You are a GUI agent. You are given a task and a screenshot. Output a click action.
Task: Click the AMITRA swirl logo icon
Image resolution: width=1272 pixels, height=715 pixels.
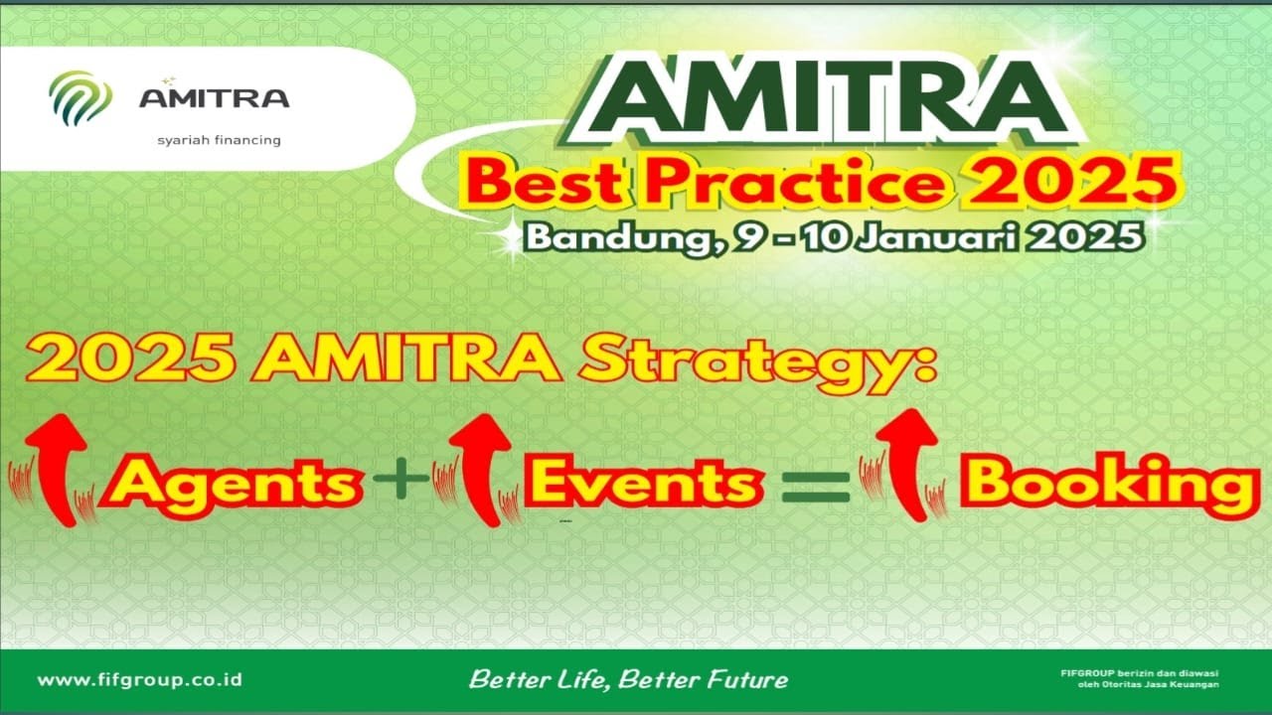click(79, 98)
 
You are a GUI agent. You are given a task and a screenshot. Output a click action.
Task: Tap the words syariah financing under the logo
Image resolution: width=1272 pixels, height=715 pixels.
click(219, 140)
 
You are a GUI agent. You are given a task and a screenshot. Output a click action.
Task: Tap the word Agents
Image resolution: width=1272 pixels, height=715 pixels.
click(236, 484)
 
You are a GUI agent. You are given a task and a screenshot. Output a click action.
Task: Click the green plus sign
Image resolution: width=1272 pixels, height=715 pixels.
click(399, 483)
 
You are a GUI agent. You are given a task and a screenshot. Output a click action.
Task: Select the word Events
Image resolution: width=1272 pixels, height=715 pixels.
click(644, 484)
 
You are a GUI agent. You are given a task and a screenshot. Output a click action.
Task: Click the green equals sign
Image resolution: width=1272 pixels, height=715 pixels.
click(816, 485)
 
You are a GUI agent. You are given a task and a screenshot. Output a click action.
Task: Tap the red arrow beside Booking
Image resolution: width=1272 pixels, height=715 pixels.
click(907, 465)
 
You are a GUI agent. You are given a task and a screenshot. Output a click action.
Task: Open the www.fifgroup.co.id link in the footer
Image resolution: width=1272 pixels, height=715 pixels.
click(139, 680)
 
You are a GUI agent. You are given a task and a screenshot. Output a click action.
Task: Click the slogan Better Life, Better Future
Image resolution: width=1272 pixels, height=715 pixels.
click(628, 680)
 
